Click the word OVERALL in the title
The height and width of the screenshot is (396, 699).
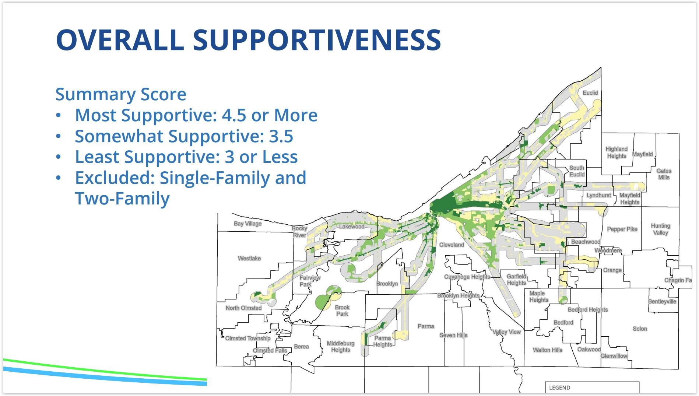coord(120,39)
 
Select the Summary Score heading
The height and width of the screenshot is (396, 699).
coord(121,94)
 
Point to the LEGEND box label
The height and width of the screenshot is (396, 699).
coord(559,388)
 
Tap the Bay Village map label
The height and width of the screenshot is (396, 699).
coord(247,224)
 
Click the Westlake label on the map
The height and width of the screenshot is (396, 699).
coord(249,258)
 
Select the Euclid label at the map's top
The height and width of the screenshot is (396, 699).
coord(590,93)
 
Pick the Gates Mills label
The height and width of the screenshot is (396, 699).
coord(664,174)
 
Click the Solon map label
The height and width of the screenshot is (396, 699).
coord(640,329)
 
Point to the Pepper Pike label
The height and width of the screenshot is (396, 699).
coord(622,229)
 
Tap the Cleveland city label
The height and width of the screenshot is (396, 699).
coord(452,245)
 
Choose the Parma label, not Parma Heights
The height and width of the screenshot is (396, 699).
coord(426,326)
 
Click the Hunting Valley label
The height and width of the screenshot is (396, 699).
coord(660,229)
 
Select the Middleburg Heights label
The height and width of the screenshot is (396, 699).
coord(340,347)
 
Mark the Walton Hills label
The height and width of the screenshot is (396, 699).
coord(547,350)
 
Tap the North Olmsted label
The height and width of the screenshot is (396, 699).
coord(243,308)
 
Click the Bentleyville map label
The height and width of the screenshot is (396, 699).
coord(662,301)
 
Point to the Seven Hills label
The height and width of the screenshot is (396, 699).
coord(453,335)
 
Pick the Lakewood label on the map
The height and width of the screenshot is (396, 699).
coord(352,227)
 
